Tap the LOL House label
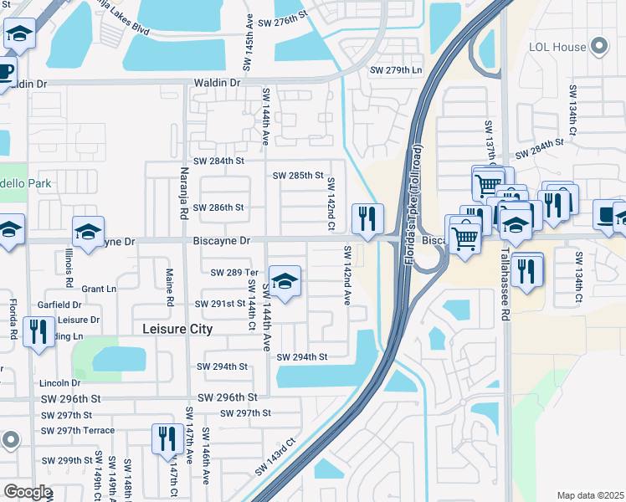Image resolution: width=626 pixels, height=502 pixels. tap(557, 47)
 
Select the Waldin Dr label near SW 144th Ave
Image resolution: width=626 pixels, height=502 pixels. tap(217, 83)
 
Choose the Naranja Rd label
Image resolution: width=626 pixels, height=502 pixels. tap(183, 193)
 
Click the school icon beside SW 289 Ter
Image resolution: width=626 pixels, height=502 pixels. tap(285, 282)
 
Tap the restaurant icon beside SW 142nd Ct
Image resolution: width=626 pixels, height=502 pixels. tap(367, 219)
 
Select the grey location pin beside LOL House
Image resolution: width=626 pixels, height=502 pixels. tap(599, 47)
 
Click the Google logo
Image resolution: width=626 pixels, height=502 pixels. tap(28, 492)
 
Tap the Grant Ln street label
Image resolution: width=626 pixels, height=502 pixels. tap(99, 289)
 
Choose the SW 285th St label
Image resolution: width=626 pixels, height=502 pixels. tap(298, 175)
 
